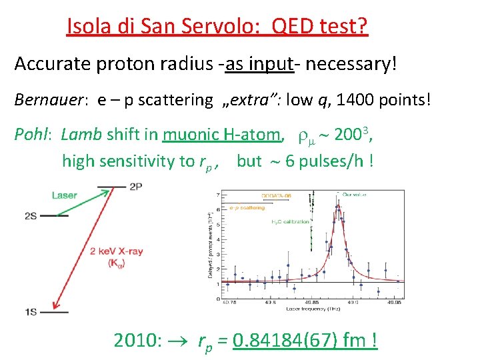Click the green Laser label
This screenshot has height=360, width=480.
click(x=65, y=195)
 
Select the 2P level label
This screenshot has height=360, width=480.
click(x=137, y=186)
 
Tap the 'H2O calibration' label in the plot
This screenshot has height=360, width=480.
click(x=291, y=221)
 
